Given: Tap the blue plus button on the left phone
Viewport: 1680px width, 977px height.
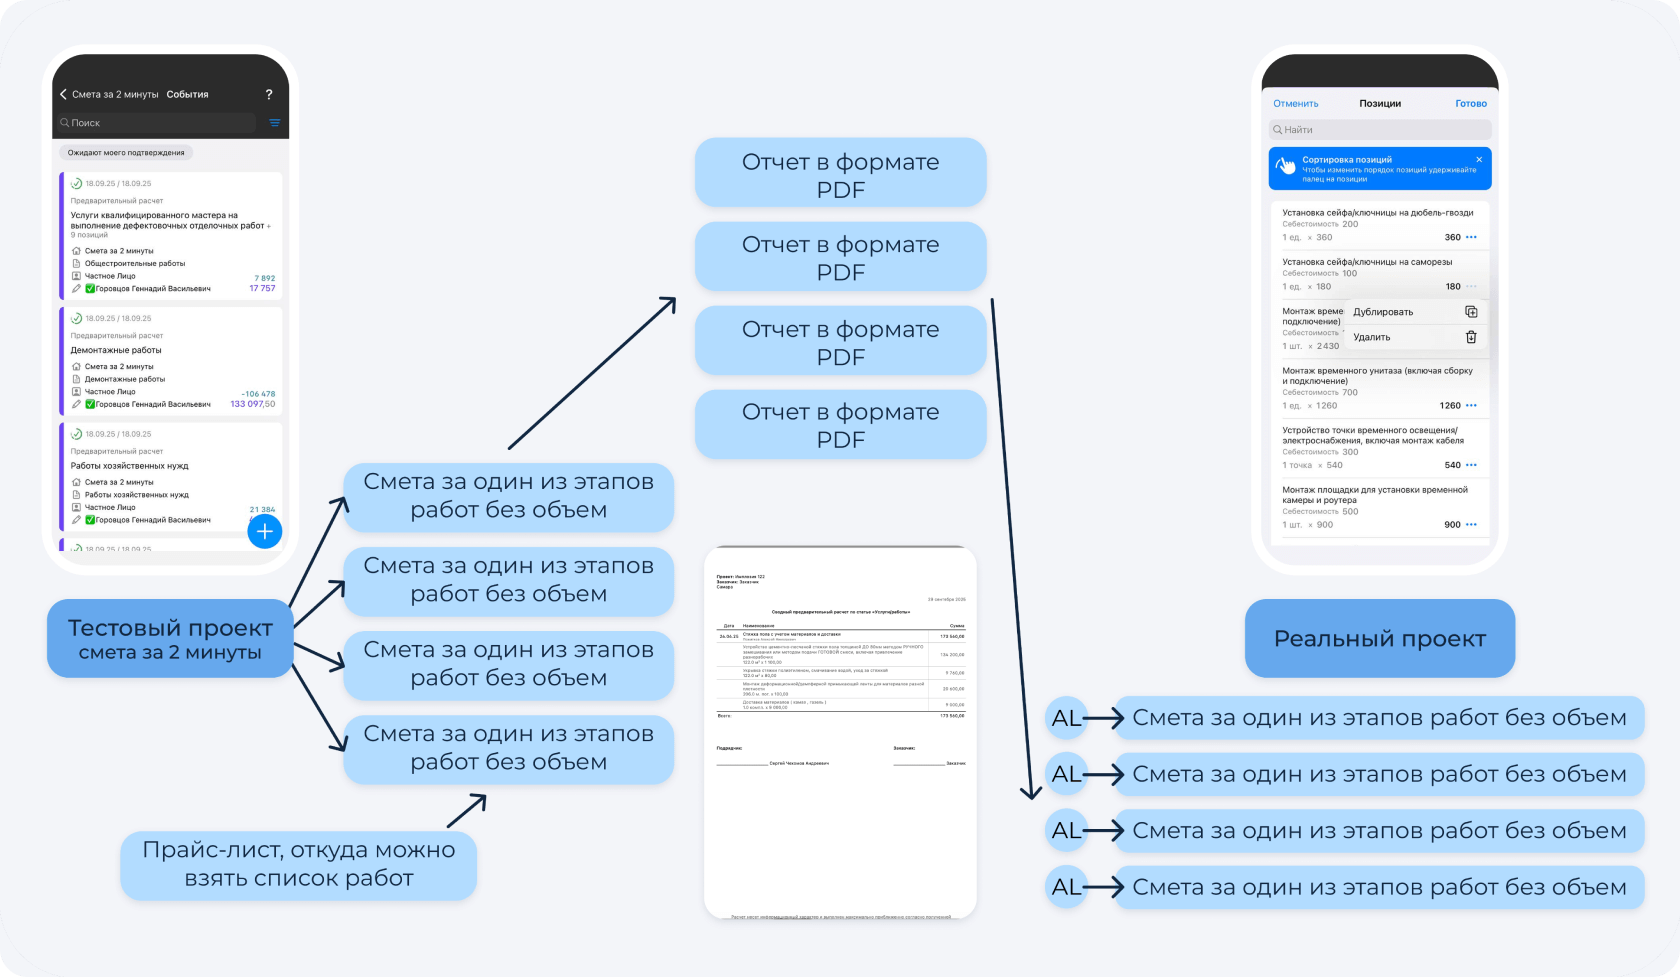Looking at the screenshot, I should (265, 531).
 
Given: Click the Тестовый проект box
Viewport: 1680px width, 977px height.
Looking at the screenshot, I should (170, 639).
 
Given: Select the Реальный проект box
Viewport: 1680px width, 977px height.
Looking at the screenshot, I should (1379, 639).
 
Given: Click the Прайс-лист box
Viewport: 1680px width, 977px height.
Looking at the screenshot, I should (298, 864).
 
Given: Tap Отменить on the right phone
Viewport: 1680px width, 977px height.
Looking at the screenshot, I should (1295, 104).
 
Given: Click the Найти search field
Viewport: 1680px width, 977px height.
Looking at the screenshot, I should (1380, 130).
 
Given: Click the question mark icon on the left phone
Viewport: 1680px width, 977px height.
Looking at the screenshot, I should (269, 95).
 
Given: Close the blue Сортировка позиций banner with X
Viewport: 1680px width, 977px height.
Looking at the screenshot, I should (1479, 160).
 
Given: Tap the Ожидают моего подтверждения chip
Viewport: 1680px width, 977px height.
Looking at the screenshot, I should (126, 153).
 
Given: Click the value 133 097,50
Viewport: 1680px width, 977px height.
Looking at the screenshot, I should (253, 404).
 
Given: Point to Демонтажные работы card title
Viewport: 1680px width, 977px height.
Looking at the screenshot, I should (116, 351).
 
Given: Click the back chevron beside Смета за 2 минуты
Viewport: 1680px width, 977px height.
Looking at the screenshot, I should (63, 95).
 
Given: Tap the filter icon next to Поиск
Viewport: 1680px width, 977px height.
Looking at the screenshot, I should (274, 123).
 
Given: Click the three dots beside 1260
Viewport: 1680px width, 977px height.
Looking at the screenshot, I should (1471, 406).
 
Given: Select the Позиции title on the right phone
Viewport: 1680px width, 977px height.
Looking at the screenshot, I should (1380, 104).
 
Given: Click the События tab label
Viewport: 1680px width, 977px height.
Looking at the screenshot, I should (187, 95).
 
